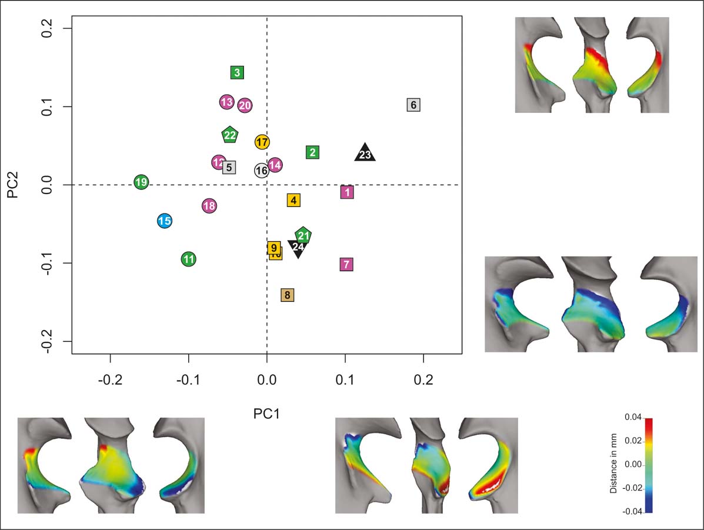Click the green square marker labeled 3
tap(237, 72)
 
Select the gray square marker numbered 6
tap(413, 105)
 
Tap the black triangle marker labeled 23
tap(365, 154)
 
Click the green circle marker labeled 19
tap(141, 182)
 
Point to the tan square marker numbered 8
tap(287, 295)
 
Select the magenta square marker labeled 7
tap(346, 264)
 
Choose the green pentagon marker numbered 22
tap(230, 135)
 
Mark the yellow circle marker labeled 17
tap(262, 142)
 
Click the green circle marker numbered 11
tap(188, 258)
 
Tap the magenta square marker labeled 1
tap(347, 192)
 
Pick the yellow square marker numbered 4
tap(293, 200)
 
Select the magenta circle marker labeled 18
tap(209, 206)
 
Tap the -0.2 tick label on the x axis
tap(110, 380)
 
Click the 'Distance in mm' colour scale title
tap(613, 465)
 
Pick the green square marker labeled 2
tap(313, 152)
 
